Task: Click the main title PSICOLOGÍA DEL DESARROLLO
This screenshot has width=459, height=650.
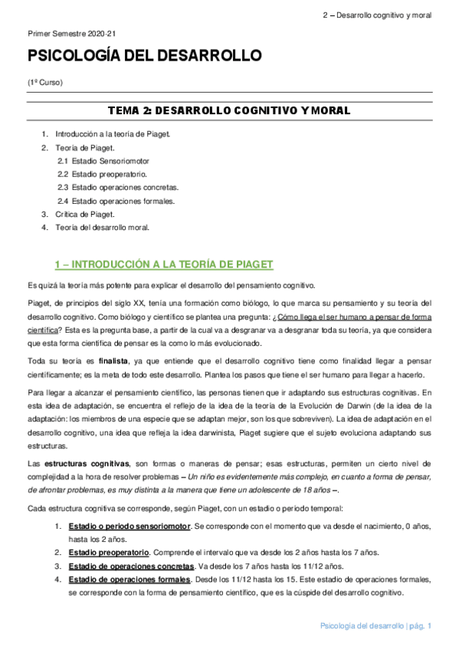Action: coord(145,57)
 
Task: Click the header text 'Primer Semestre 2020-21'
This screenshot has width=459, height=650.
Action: coord(70,34)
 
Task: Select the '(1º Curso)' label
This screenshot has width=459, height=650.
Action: coord(45,82)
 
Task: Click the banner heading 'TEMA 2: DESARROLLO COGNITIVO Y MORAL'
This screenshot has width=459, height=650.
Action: coord(229,111)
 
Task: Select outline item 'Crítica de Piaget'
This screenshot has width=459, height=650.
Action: coord(85,214)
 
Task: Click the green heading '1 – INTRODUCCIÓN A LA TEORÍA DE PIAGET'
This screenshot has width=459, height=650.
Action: coord(163,265)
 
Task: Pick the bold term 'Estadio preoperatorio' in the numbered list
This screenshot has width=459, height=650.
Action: coord(108,553)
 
